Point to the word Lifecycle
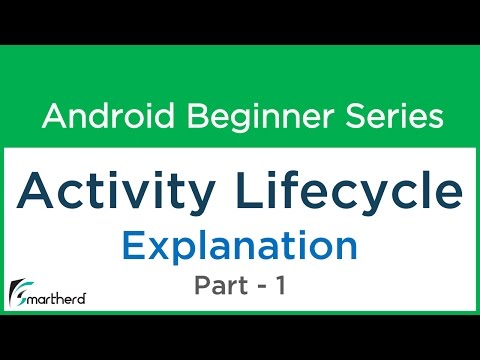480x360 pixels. (350, 190)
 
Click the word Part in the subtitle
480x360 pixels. (221, 285)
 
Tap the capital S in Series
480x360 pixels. (352, 117)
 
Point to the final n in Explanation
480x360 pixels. (347, 246)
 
